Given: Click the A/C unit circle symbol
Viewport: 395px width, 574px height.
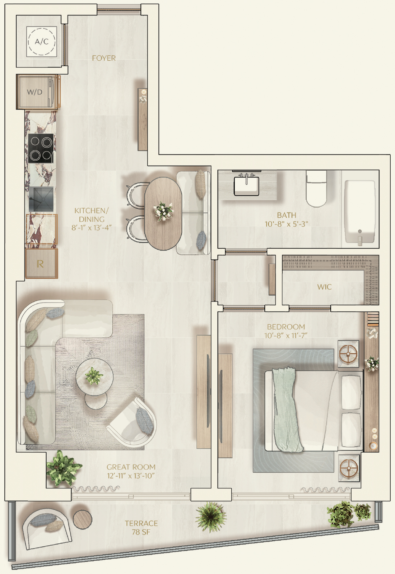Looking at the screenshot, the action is point(42,41).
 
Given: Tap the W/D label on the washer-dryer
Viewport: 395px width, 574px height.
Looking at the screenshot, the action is point(34,92).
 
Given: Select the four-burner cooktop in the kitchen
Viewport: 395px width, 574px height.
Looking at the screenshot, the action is point(41,148).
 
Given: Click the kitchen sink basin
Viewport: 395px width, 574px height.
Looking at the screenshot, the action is point(41,199).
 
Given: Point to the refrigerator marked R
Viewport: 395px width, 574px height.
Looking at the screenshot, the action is point(42,263).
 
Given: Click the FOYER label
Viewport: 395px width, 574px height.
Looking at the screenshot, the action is point(104,58).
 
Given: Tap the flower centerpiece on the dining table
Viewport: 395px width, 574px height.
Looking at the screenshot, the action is point(162,211).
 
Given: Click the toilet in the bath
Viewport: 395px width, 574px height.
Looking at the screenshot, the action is point(317,189).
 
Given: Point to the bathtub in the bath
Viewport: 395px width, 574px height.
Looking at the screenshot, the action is point(360,212).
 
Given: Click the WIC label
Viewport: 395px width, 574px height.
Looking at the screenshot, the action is point(324,287).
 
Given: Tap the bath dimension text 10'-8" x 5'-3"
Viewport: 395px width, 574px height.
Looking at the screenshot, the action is point(286,224).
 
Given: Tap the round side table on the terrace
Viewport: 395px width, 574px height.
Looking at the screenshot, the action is point(83,521).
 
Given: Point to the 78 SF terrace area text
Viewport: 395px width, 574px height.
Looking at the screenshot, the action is point(141,532).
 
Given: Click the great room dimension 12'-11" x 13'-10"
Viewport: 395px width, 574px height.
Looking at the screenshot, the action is point(131,476).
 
